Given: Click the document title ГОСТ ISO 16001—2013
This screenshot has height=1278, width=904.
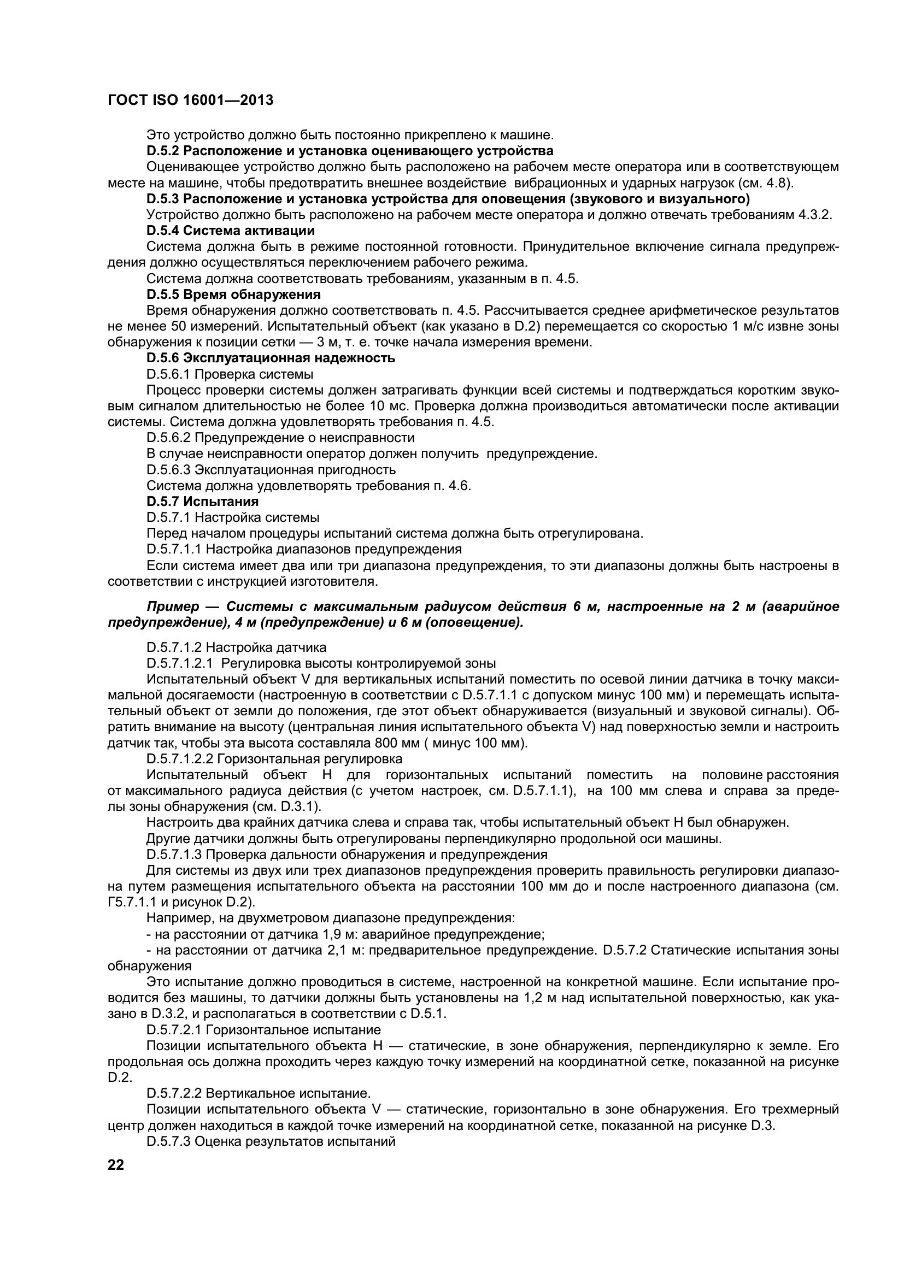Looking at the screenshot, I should click(190, 100).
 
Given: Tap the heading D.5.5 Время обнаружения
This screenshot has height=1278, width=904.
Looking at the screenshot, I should click(233, 294).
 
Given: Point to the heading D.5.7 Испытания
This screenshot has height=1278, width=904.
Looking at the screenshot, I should click(203, 502).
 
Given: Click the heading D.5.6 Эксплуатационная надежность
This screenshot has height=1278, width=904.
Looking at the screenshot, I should click(271, 358).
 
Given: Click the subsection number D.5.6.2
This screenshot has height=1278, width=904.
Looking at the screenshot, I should click(169, 438).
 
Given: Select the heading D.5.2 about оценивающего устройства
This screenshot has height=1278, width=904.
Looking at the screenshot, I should click(350, 151).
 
